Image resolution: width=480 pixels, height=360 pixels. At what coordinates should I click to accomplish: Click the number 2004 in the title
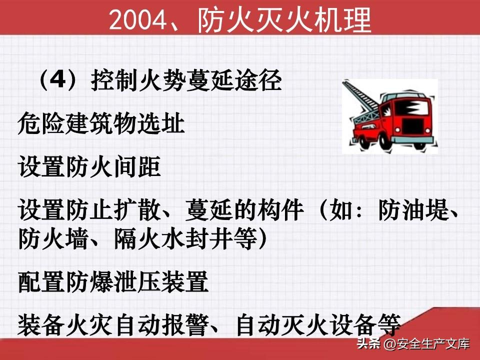136,20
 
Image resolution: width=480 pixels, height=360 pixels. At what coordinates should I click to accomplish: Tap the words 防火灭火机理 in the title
284,19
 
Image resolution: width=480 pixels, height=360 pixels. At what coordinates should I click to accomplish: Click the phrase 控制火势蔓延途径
186,80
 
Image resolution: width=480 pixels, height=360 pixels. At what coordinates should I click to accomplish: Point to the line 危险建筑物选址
101,123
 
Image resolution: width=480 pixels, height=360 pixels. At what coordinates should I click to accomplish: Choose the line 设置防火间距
89,166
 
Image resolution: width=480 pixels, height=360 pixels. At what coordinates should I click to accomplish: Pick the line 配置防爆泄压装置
113,281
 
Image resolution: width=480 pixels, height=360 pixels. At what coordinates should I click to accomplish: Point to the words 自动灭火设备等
318,324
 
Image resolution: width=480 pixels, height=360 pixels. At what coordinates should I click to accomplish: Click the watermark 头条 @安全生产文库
413,344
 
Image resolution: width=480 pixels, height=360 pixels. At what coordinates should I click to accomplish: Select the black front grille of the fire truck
412,125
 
